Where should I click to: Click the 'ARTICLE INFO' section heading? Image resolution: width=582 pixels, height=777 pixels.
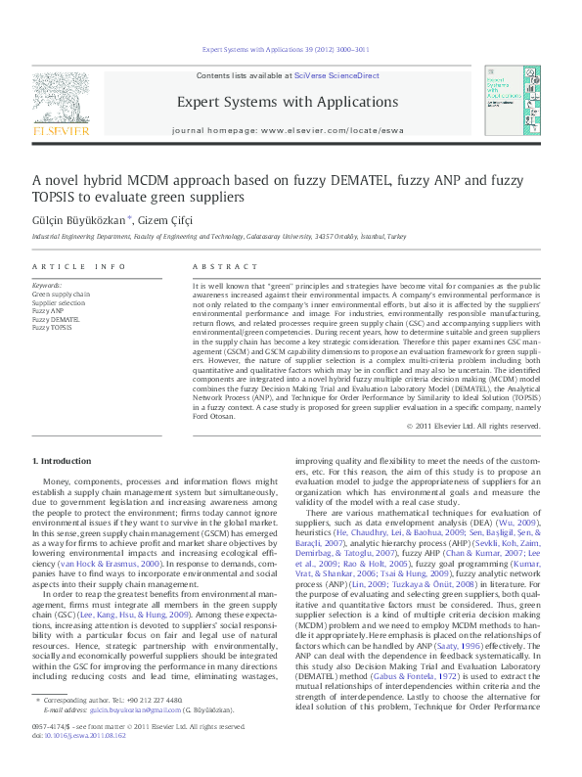[78, 266]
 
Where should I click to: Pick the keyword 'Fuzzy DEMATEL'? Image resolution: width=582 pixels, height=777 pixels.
[55, 319]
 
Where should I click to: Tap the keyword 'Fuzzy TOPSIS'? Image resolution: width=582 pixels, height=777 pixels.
[52, 327]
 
